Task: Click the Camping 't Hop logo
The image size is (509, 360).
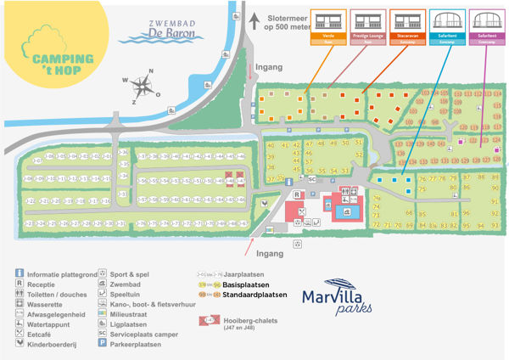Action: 50,56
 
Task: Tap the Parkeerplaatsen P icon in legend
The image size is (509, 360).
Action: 103,346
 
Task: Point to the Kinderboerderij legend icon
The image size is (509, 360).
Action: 20,346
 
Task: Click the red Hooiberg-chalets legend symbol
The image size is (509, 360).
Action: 208,319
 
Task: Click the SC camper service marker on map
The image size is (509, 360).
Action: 311,179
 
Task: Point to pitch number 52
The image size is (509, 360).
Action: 359,155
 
